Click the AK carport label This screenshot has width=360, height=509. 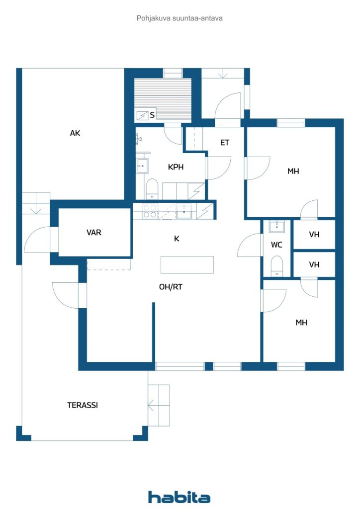pos(75,133)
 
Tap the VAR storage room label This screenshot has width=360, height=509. pos(94,232)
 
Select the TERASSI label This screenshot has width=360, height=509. pos(83,405)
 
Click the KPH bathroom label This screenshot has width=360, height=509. pos(176,167)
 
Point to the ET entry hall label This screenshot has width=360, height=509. pos(225,143)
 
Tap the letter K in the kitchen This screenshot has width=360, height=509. pos(177,239)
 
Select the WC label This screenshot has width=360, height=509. pos(277,245)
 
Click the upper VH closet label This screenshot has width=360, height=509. pos(314,235)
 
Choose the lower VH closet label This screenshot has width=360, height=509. pos(314,265)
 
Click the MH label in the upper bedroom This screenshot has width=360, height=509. pos(293,171)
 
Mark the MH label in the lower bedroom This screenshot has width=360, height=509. pos(301,323)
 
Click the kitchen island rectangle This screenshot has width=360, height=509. pos(187,264)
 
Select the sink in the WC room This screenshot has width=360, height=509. pos(276,227)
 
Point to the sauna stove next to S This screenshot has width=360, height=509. pos(142,115)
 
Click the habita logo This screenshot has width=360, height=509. pos(179,497)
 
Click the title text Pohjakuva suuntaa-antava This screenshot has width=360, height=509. pos(180,18)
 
